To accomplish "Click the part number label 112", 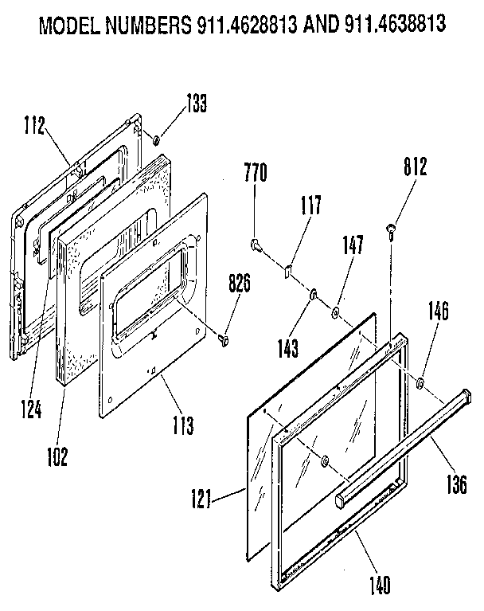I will (x=33, y=125).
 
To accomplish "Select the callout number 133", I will (x=196, y=104).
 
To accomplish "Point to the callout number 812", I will (x=415, y=168).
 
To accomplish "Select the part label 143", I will (x=288, y=348).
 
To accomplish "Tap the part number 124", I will (x=31, y=409).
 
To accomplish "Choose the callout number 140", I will (x=380, y=586).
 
